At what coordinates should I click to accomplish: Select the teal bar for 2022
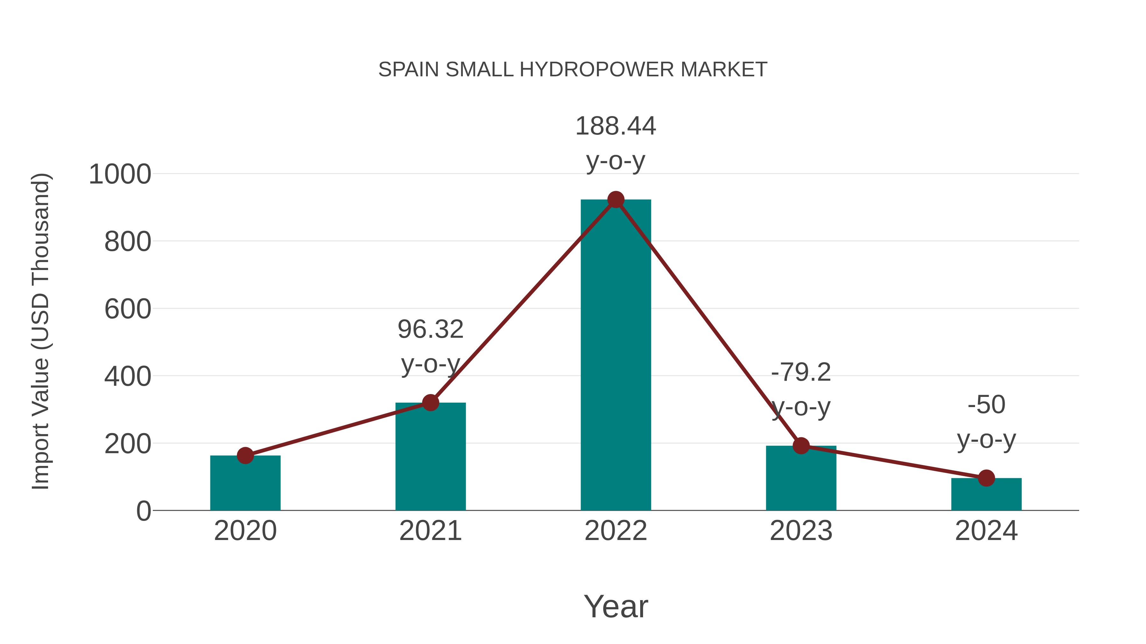click(x=616, y=356)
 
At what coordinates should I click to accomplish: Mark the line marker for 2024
click(x=986, y=478)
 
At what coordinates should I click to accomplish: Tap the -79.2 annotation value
click(x=801, y=372)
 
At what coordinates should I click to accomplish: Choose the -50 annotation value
click(x=986, y=405)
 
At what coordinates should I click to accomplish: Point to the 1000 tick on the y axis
click(x=120, y=174)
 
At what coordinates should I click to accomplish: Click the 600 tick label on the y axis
click(x=128, y=309)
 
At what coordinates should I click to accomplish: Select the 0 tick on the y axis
click(x=144, y=511)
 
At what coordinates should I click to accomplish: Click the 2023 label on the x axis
click(x=801, y=531)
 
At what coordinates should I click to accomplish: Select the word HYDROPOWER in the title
click(x=597, y=70)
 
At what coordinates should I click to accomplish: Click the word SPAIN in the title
click(x=409, y=70)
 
